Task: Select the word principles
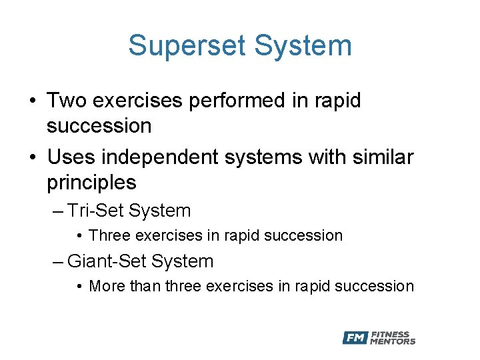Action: pyautogui.click(x=91, y=182)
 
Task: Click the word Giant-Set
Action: pyautogui.click(x=107, y=261)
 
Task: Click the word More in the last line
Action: pyautogui.click(x=106, y=286)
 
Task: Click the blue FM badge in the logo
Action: pyautogui.click(x=355, y=338)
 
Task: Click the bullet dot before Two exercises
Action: pyautogui.click(x=32, y=101)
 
